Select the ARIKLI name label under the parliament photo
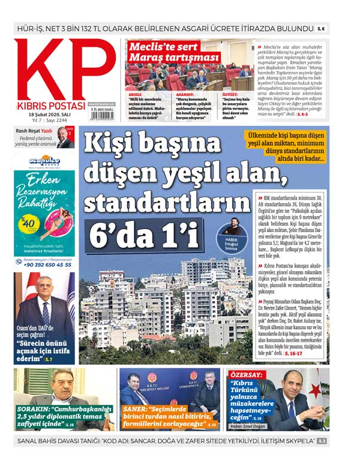pos(135,94)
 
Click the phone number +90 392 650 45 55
pos(47,264)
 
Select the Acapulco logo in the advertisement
pos(45,161)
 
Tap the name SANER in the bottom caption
pos(136,408)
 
